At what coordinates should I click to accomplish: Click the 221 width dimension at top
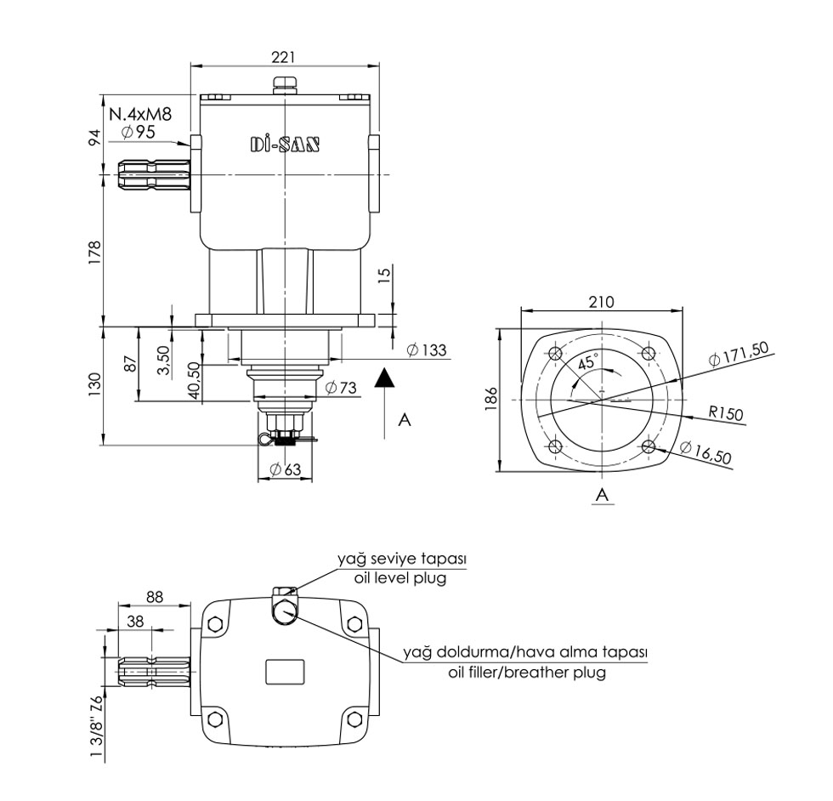click(x=283, y=56)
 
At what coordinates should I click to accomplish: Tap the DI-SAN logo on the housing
click(x=285, y=144)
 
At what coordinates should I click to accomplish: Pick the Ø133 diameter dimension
click(x=427, y=350)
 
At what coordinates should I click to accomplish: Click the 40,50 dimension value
click(x=195, y=379)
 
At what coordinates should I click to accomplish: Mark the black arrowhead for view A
click(x=385, y=378)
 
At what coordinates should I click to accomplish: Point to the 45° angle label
click(x=586, y=361)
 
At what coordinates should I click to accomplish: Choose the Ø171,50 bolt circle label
click(x=739, y=352)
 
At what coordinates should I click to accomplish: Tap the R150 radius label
click(x=727, y=414)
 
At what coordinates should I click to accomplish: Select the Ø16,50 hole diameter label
click(x=706, y=454)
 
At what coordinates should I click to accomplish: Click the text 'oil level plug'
click(x=400, y=578)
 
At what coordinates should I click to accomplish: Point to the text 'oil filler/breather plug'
click(x=527, y=672)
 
